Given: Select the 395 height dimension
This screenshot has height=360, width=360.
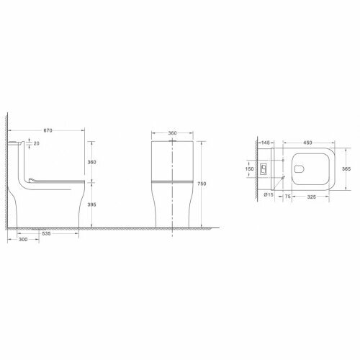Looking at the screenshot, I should tap(92, 205).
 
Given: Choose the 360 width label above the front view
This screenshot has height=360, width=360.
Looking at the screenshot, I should tap(173, 133).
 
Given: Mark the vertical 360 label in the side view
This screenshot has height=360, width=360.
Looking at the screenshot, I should tap(92, 162).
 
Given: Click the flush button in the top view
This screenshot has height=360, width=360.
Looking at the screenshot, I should tap(264, 169).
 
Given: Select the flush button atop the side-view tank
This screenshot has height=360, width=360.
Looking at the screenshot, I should tap(15, 143).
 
